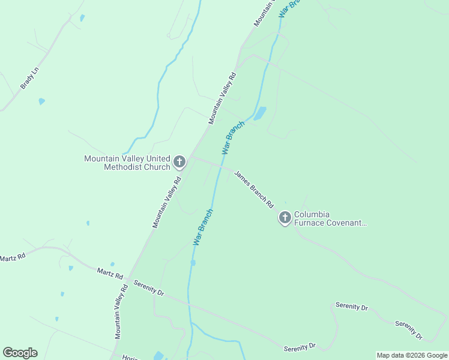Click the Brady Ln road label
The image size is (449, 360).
point(29,78)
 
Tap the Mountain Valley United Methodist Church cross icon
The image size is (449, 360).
point(179,162)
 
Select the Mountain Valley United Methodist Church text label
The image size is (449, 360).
point(127,163)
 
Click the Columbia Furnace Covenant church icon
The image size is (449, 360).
point(285,217)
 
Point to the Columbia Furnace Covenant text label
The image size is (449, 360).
point(330,218)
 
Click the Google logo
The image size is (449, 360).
point(20,353)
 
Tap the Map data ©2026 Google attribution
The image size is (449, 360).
point(412,355)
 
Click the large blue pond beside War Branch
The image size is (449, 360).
point(260,113)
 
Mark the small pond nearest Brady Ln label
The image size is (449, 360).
point(41,101)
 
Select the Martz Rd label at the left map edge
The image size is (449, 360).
point(13,257)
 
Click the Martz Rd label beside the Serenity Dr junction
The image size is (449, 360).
point(110,274)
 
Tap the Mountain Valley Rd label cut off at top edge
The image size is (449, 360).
point(264,13)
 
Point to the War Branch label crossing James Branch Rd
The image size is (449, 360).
point(233,138)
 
